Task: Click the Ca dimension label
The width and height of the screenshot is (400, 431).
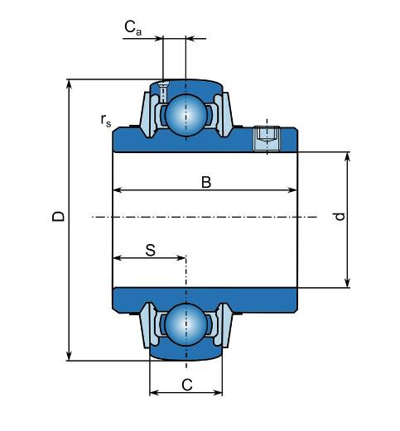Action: (133, 28)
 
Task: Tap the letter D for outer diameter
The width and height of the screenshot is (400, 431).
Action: (58, 217)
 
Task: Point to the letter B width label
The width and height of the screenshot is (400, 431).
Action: (206, 182)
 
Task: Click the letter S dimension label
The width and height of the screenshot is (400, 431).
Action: (151, 251)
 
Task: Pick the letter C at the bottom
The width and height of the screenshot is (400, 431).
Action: (187, 385)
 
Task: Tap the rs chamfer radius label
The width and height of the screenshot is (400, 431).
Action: (106, 121)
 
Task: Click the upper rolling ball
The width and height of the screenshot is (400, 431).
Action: (186, 115)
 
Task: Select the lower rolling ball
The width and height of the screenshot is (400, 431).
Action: (186, 324)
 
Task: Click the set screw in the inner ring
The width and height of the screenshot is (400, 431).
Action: (267, 139)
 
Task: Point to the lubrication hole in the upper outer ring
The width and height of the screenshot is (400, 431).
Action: (163, 92)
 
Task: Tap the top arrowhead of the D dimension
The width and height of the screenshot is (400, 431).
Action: (70, 84)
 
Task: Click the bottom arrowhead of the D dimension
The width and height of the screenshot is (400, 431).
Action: (70, 356)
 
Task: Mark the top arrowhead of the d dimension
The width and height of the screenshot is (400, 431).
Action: (348, 157)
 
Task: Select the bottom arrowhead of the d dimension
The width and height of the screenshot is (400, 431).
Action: (348, 283)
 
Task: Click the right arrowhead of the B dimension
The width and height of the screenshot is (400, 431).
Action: (292, 190)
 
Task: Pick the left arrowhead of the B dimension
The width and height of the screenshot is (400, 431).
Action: (118, 190)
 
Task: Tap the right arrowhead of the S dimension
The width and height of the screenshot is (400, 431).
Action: (181, 258)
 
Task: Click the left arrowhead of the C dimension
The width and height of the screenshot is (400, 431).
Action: (155, 392)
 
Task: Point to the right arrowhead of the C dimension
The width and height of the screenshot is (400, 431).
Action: (217, 392)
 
